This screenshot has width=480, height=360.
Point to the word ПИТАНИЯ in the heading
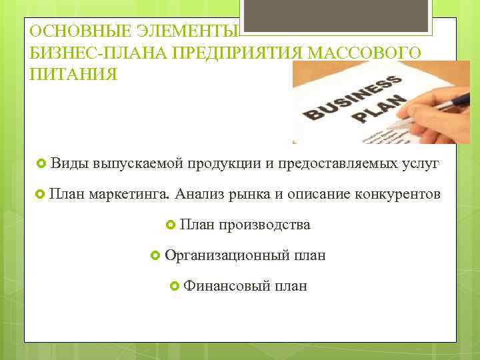73,73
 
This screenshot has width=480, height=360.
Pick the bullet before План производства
171,225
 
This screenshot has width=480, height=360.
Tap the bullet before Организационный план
155,255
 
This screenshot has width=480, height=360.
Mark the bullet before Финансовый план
175,286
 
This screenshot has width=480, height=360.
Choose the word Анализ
200,194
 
